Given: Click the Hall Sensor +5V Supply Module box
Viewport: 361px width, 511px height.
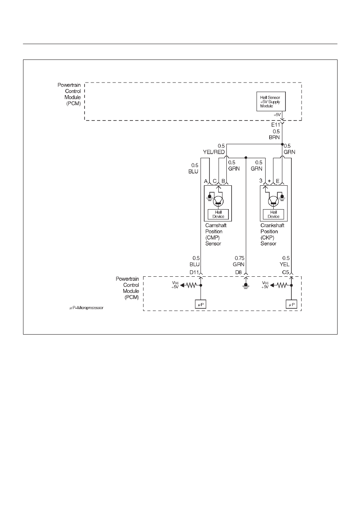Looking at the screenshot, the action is [271, 102].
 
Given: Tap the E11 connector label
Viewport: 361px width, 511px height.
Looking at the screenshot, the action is [275, 125].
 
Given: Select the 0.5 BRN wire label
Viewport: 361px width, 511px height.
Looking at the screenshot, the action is [274, 134].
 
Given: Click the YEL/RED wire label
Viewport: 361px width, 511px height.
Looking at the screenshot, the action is [214, 152].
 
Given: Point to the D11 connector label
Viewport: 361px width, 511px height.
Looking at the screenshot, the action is [194, 272].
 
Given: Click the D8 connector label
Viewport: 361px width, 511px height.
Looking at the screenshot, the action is [239, 272].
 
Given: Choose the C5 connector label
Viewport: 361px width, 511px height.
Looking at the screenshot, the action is [285, 272].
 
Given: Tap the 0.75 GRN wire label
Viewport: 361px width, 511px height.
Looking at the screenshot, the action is [239, 261].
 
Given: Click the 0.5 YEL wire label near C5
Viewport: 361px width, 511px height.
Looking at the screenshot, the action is [285, 261].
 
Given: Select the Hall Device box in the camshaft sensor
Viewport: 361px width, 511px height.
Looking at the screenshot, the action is [218, 214].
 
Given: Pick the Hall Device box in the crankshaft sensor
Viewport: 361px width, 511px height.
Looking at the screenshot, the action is [274, 214].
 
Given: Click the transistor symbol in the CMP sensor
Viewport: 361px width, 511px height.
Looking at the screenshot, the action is [218, 201].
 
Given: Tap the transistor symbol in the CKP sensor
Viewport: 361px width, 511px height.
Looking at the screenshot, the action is [273, 201].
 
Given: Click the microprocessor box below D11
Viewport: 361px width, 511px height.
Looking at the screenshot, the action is [201, 304].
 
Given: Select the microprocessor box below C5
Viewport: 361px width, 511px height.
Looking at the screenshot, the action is [291, 304].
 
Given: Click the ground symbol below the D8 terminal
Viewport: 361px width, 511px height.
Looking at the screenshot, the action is [246, 286].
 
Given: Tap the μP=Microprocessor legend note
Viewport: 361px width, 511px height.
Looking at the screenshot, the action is [87, 308].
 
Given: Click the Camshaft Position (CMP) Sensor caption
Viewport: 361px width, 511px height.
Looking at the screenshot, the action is [216, 234].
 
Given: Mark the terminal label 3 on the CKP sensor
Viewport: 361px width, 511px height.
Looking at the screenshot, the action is [261, 181].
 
